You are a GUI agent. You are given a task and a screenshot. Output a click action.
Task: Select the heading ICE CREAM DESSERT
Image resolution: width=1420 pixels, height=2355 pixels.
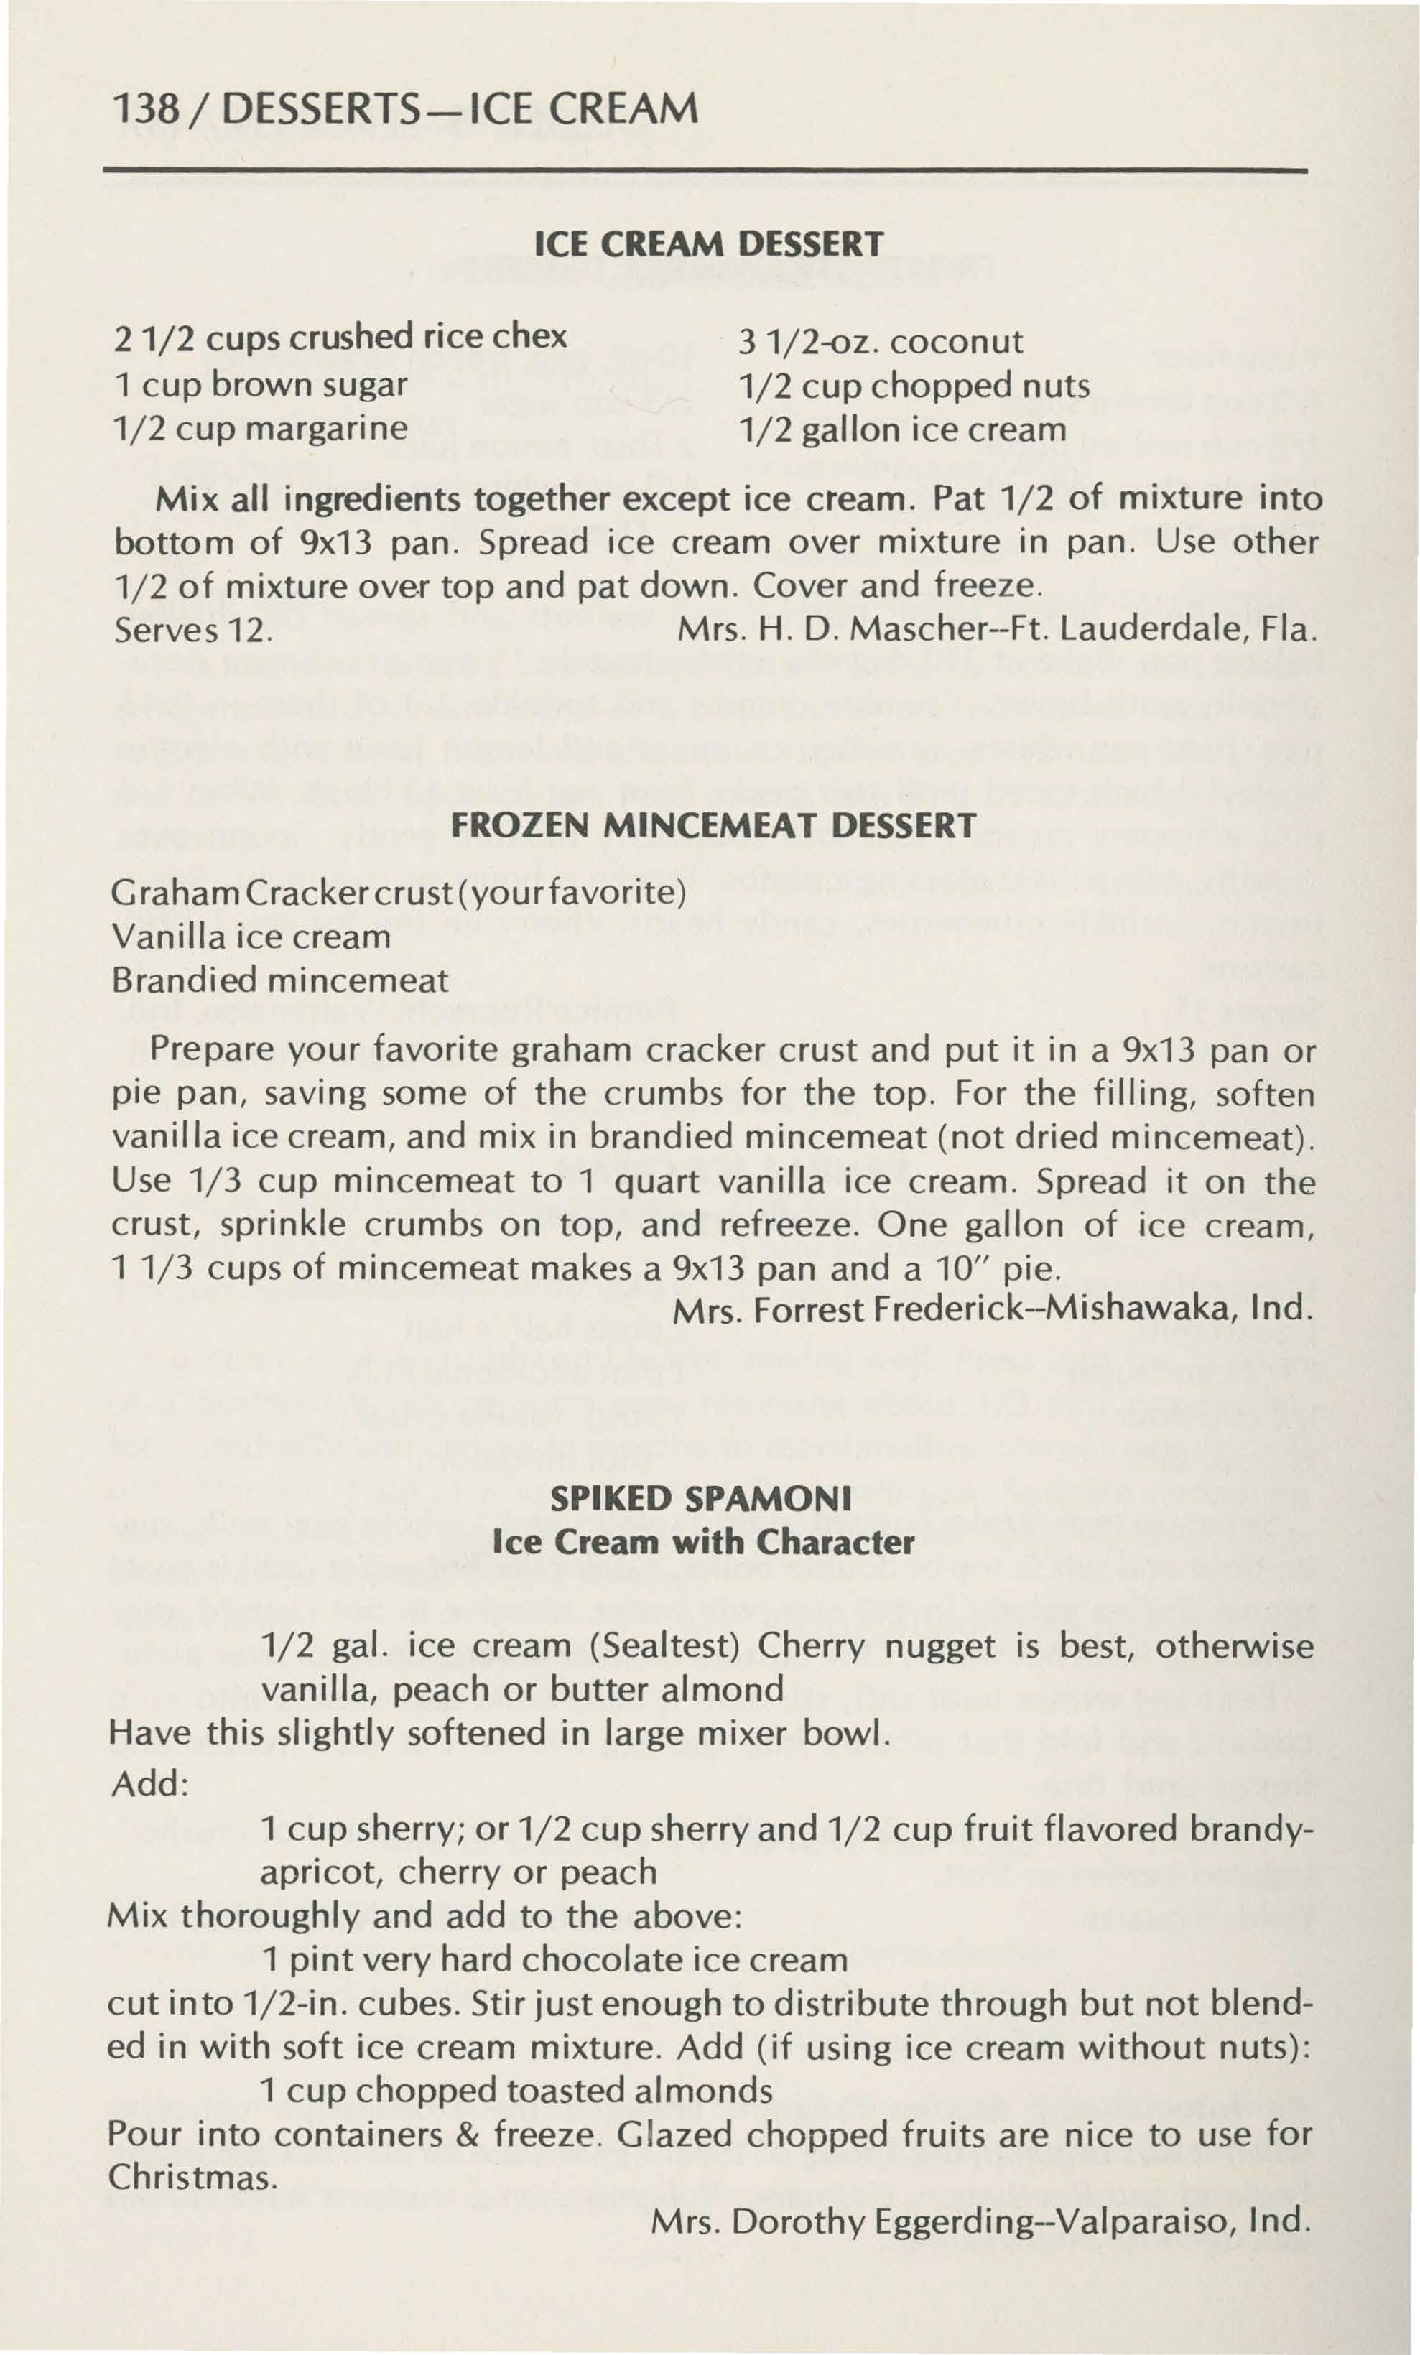click(709, 245)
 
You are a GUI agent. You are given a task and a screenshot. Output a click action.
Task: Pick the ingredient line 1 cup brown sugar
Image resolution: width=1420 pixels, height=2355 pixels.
click(260, 384)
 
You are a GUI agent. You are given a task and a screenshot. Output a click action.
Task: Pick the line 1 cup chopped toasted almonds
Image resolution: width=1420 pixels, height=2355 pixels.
click(516, 2089)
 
